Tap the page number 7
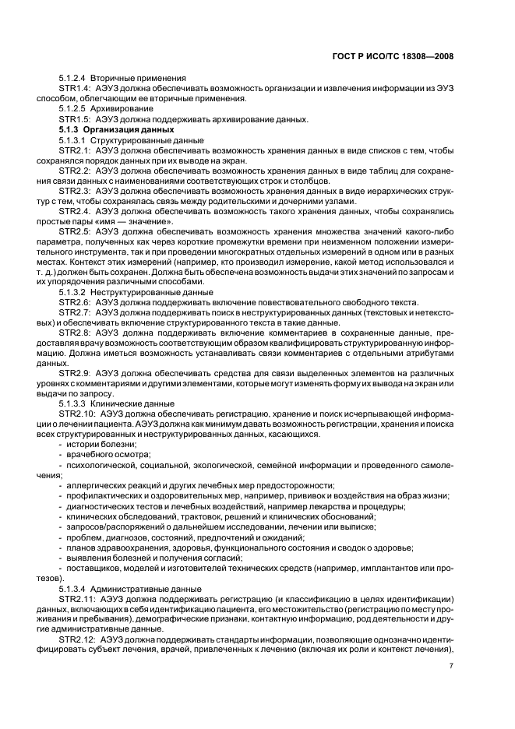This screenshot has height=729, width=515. click(451, 665)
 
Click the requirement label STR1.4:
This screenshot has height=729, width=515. click(75, 89)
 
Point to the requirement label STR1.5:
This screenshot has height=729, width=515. click(75, 119)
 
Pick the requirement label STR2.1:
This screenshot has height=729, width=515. click(75, 150)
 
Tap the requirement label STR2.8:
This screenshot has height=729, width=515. click(75, 333)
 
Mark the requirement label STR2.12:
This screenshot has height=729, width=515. click(77, 639)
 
